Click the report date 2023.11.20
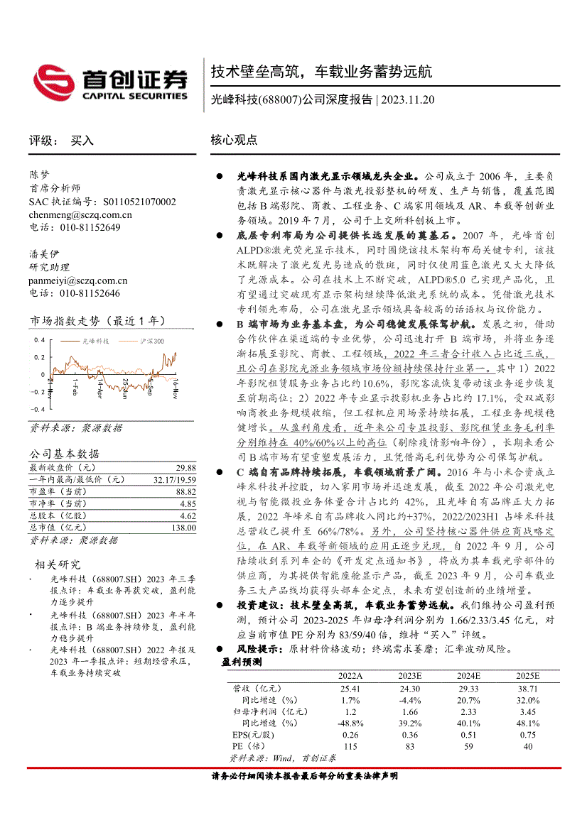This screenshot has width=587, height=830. [407, 100]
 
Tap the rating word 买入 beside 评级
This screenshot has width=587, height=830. [82, 141]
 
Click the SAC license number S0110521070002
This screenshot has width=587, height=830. [139, 202]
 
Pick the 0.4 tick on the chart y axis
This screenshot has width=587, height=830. [40, 341]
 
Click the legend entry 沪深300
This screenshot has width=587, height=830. [151, 342]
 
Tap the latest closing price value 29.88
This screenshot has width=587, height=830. [186, 469]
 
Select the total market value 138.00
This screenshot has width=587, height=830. [184, 528]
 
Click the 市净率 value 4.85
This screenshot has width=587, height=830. [188, 503]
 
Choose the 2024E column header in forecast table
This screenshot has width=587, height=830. [468, 676]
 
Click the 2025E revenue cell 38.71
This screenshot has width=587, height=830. [527, 689]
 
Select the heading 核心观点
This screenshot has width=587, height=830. [234, 141]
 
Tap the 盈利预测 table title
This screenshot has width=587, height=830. [242, 662]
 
